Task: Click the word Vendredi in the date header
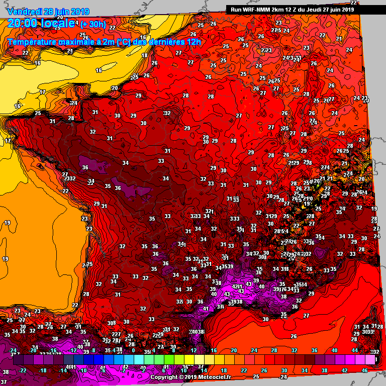pos(25,11)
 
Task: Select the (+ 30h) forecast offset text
pos(93,24)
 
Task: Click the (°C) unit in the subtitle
pos(124,42)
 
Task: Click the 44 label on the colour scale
pos(355,350)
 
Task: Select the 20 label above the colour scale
pos(233,350)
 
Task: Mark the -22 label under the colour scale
pos(22,370)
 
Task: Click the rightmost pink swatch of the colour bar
pos(370,360)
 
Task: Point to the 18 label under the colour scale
pos(224,370)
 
